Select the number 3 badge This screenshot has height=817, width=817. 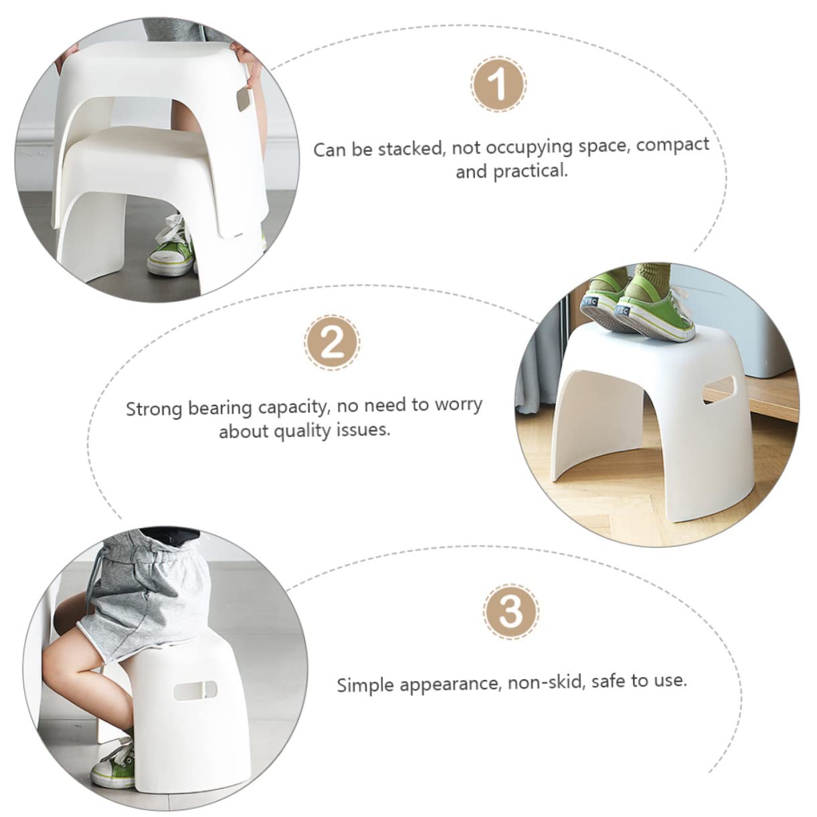(x=511, y=611)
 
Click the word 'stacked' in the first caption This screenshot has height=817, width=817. (x=411, y=148)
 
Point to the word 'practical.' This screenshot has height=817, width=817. (x=530, y=171)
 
